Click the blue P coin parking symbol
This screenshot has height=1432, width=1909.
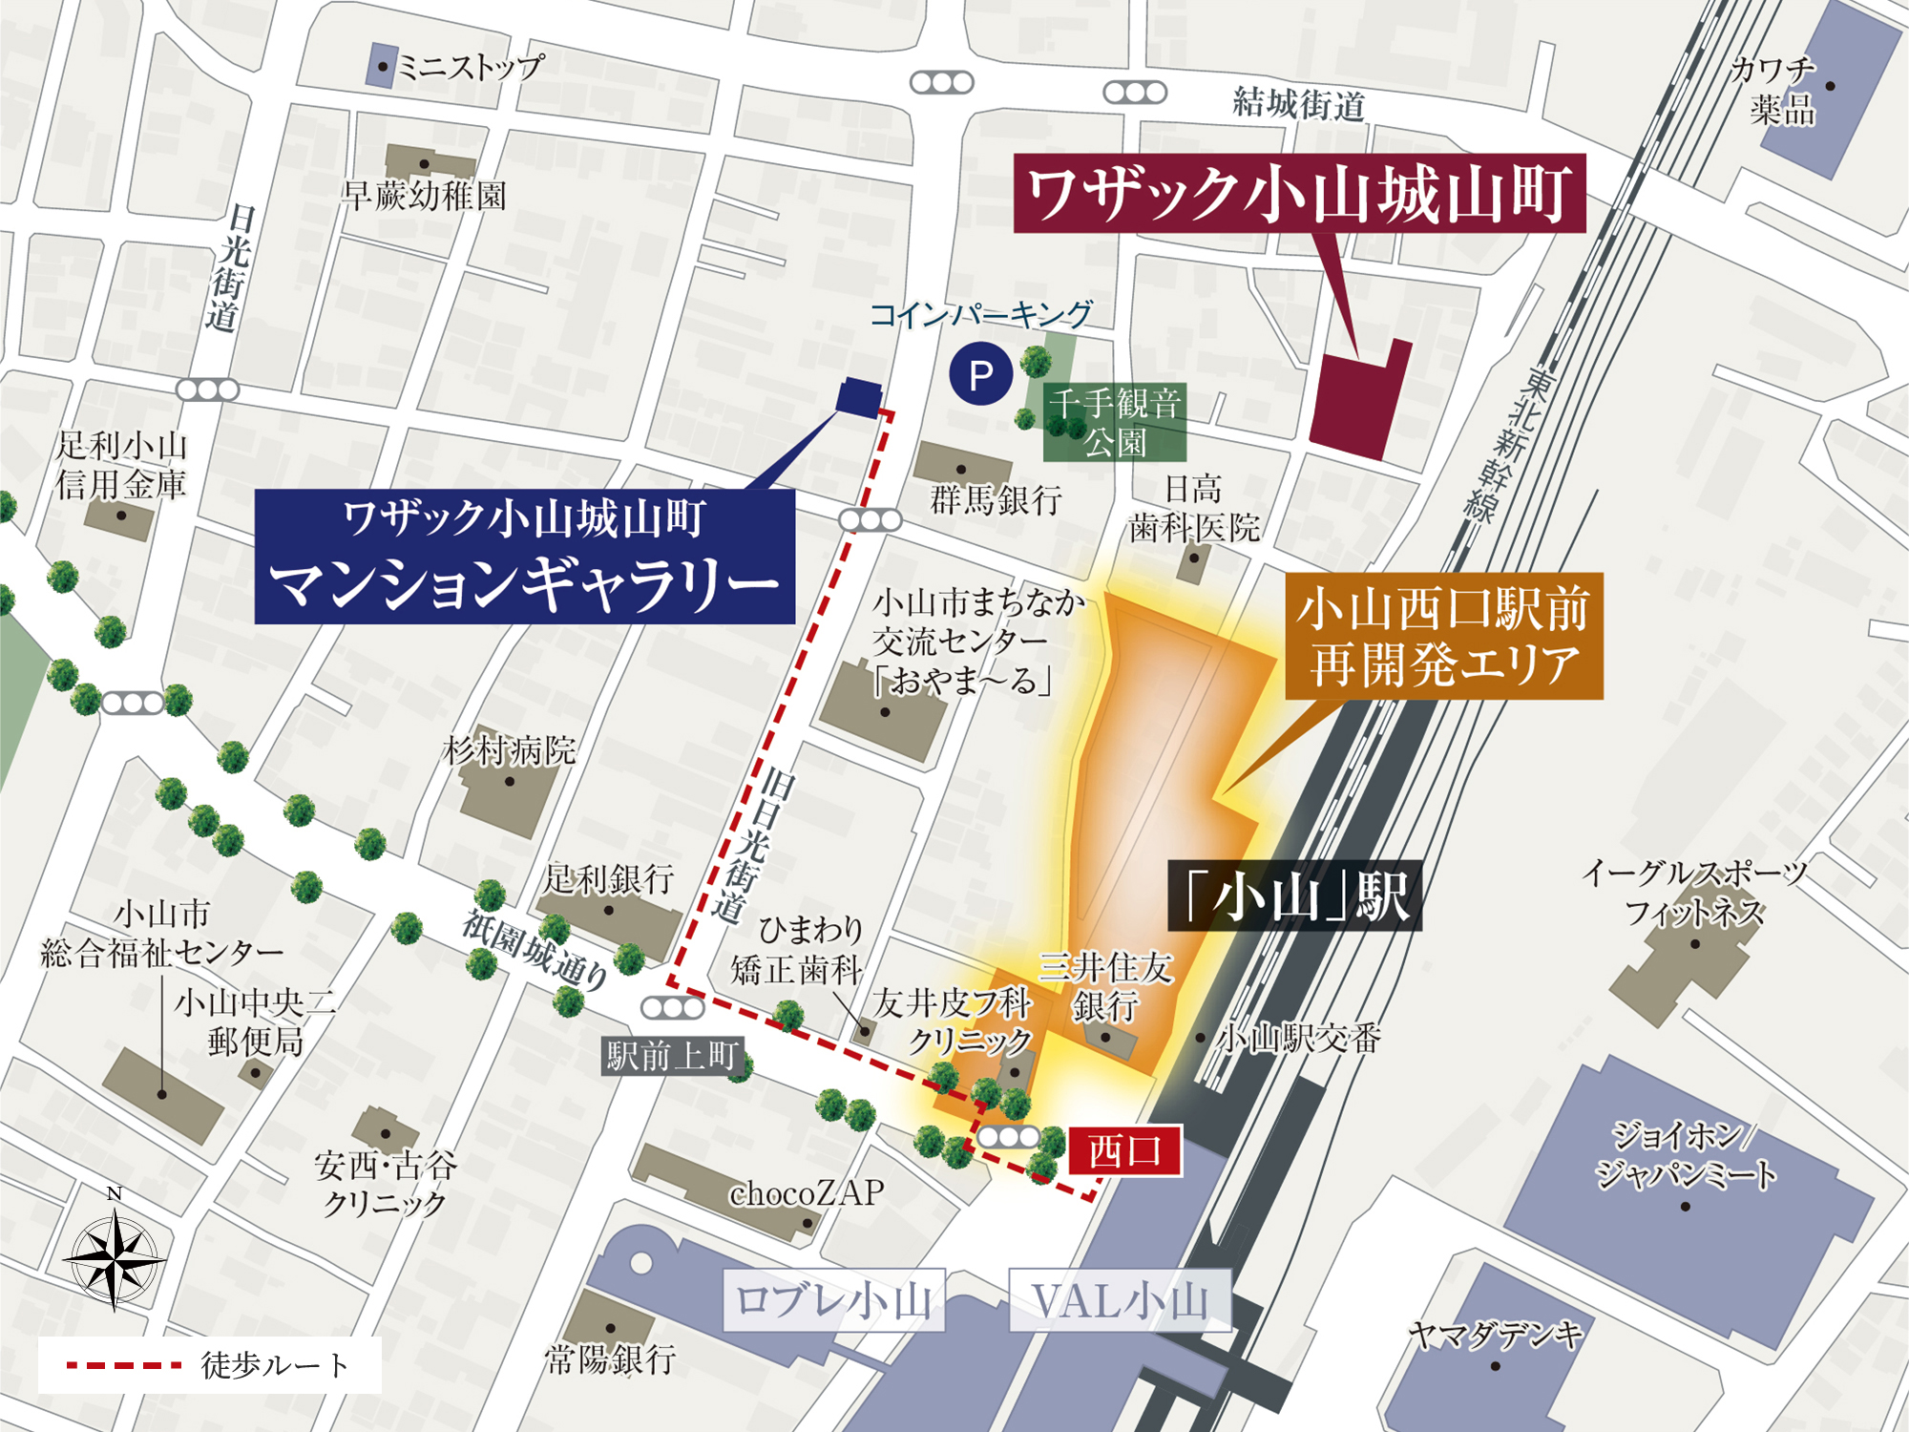pos(980,375)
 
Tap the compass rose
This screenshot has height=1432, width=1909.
pos(115,1258)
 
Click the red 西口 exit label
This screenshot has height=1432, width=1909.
pos(1124,1150)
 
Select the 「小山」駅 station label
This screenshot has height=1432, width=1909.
pos(1294,896)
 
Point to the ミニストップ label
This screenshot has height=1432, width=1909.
pos(470,67)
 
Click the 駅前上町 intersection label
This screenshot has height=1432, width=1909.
pos(672,1057)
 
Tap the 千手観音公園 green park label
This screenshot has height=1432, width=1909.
pos(1115,423)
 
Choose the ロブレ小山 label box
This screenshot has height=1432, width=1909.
pos(833,1300)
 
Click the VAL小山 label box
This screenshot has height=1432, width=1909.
pos(1120,1300)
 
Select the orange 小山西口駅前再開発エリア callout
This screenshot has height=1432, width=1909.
pos(1443,636)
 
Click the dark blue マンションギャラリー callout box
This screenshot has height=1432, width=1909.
pos(524,557)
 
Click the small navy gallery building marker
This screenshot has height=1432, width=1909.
pos(858,397)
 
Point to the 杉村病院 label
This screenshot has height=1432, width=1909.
pos(510,751)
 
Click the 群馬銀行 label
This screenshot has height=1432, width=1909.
pos(996,499)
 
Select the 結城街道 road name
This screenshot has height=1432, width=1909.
pos(1298,103)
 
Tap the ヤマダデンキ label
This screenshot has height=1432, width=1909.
pos(1496,1335)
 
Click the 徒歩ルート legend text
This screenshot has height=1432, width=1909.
pos(275,1365)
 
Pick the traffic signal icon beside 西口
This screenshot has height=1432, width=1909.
pos(1009,1137)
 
